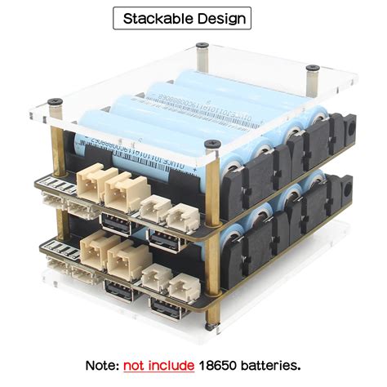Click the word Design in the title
[x=219, y=18]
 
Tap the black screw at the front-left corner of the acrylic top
[x=55, y=102]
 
